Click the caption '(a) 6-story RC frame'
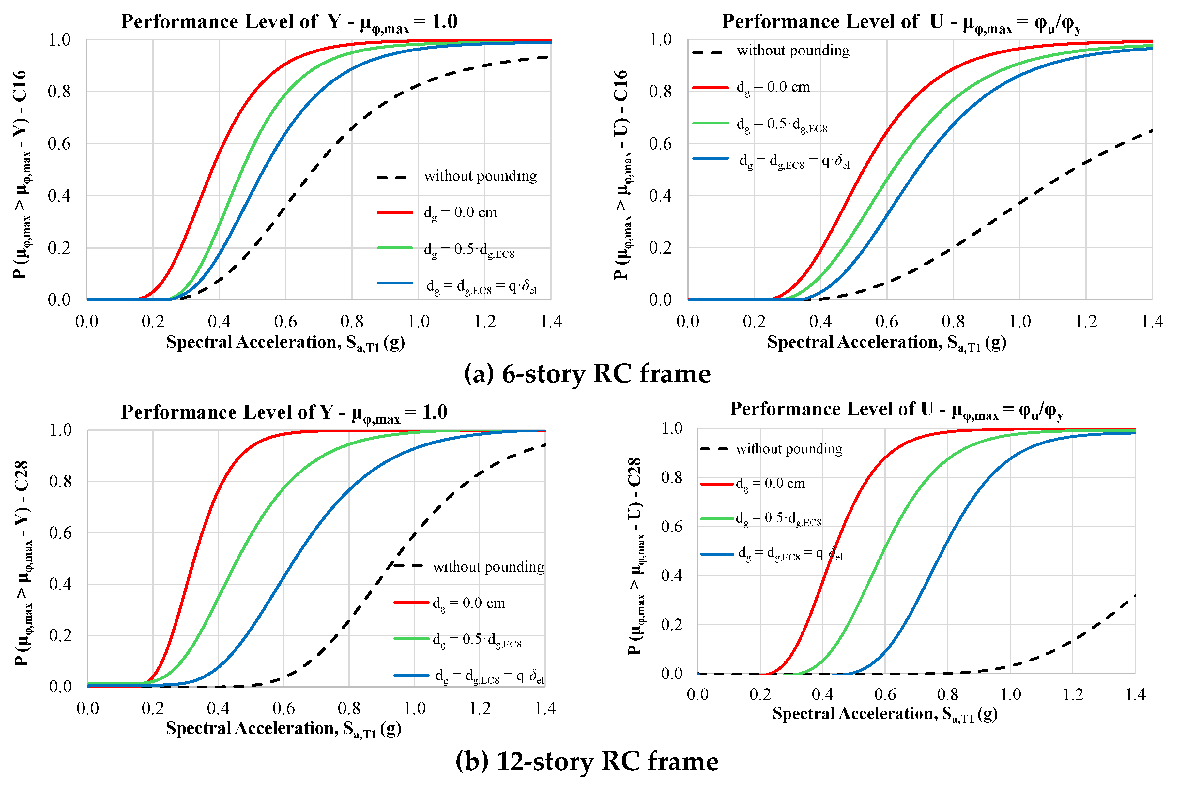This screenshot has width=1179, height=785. click(587, 374)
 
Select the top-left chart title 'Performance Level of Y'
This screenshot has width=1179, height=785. click(289, 22)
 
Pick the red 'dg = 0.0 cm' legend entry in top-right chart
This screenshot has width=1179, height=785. click(773, 87)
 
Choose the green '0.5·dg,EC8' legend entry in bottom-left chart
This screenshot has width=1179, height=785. click(477, 640)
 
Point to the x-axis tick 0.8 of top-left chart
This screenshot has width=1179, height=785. click(351, 321)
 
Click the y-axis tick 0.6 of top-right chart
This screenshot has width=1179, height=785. click(660, 144)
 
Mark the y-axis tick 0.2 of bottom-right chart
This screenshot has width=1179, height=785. click(671, 624)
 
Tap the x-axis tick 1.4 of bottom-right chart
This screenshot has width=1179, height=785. click(1135, 694)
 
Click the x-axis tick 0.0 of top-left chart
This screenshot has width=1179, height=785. click(87, 321)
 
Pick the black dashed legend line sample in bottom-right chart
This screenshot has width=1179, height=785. click(714, 449)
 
